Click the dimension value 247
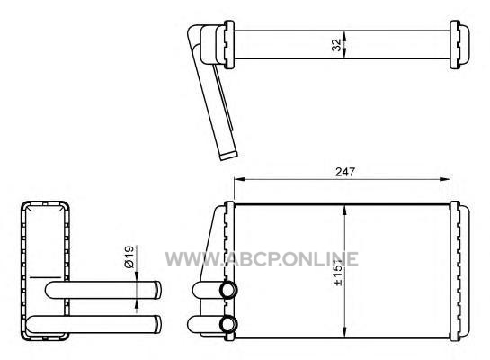345,172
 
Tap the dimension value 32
336,45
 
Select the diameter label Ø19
129,256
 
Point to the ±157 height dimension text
338,272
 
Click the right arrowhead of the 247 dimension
445,179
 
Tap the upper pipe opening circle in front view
228,290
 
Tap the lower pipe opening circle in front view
228,325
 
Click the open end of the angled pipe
228,157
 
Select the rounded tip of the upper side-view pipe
158,290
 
